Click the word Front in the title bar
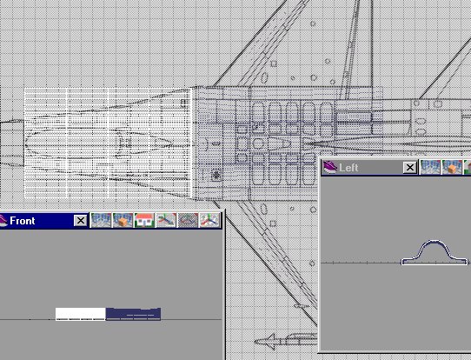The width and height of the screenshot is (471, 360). click(x=23, y=221)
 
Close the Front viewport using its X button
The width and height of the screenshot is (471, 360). click(x=81, y=221)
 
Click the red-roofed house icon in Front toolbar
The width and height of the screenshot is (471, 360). click(x=144, y=220)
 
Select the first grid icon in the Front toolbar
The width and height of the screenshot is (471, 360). click(x=101, y=220)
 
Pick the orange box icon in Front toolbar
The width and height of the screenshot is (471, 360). click(x=123, y=220)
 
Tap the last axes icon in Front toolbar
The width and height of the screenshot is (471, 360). click(x=209, y=220)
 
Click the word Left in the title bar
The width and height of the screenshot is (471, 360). click(x=348, y=168)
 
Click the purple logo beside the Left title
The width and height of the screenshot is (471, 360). click(x=330, y=167)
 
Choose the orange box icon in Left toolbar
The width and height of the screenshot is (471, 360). click(x=452, y=167)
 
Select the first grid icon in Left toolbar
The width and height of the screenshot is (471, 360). click(x=430, y=167)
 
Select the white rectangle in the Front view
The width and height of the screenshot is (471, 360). click(x=81, y=314)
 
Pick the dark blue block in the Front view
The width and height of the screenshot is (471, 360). click(x=133, y=314)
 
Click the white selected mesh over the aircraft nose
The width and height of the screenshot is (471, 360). click(x=108, y=143)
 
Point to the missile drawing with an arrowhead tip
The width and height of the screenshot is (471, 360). click(x=285, y=342)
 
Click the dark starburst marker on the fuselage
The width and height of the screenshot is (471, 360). click(x=216, y=175)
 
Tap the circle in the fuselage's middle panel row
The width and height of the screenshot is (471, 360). click(x=258, y=143)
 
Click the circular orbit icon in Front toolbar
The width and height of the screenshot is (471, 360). click(x=188, y=220)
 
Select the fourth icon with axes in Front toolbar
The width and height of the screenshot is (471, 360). click(x=166, y=220)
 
